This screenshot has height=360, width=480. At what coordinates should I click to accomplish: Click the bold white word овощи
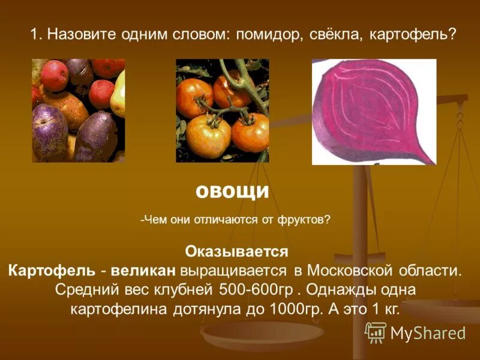(232, 191)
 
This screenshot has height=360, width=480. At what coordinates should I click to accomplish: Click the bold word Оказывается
(237, 251)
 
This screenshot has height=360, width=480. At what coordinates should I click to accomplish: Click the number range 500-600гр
(259, 289)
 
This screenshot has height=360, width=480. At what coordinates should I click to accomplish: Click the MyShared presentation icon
(376, 332)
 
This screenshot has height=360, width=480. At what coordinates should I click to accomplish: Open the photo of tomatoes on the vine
(222, 110)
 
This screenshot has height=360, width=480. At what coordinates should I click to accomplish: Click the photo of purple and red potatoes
(79, 110)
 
